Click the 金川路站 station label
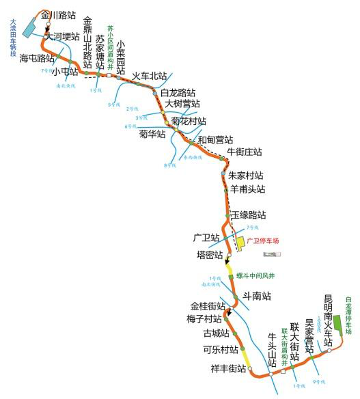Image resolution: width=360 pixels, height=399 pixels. pyautogui.click(x=58, y=14)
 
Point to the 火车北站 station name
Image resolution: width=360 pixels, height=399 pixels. pyautogui.click(x=150, y=76)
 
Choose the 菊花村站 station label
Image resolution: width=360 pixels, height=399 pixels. pyautogui.click(x=189, y=121)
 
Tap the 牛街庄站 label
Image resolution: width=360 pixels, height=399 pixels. pyautogui.click(x=245, y=151)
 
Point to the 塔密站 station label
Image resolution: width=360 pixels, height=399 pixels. pyautogui.click(x=209, y=255)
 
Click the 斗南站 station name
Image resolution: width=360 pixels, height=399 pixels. pyautogui.click(x=257, y=297)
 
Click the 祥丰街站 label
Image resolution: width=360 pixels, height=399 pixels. pyautogui.click(x=227, y=369)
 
